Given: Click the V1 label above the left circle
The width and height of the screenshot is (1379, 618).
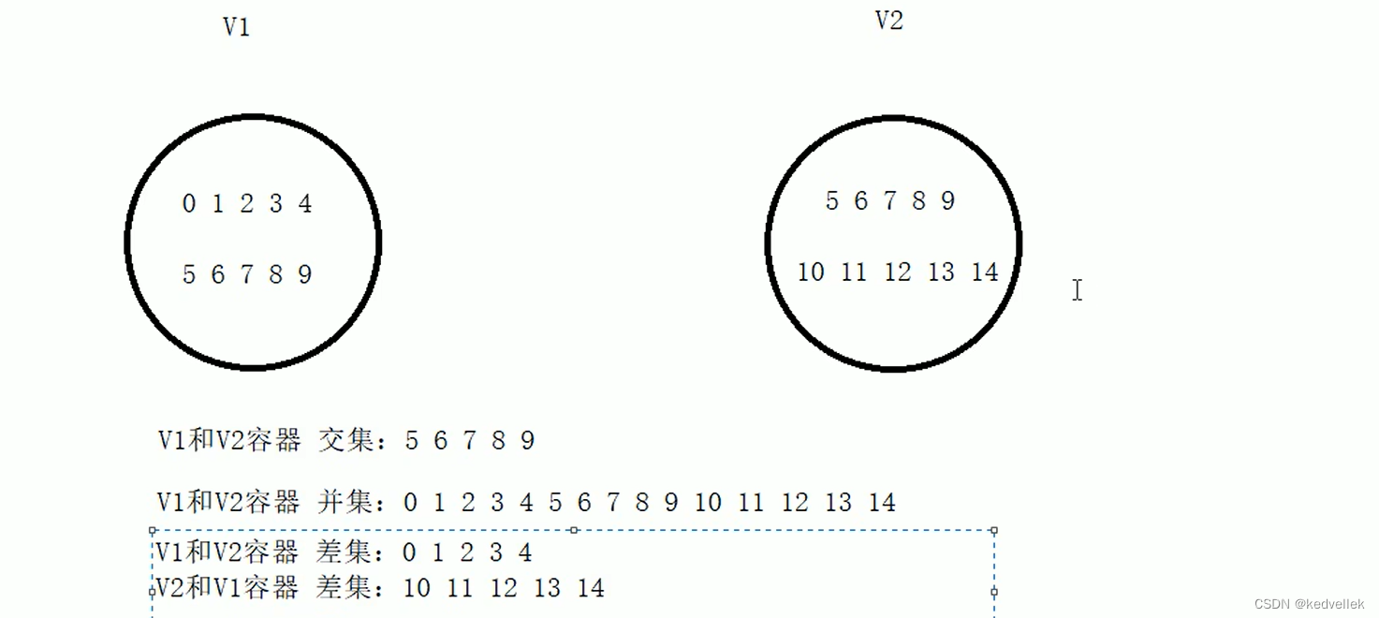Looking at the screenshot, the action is [236, 26].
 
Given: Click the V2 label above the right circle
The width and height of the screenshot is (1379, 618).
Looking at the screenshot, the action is [888, 21].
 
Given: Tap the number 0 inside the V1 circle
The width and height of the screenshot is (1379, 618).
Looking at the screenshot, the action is [189, 203].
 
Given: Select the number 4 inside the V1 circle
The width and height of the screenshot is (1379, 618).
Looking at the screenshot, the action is [305, 203].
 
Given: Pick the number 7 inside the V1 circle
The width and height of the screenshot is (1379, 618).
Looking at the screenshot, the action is [247, 274].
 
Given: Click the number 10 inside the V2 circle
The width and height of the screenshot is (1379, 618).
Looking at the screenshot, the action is [811, 272].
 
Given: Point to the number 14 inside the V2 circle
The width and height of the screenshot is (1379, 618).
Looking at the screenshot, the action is [985, 272].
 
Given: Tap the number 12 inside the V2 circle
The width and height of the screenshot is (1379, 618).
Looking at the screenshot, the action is [897, 272].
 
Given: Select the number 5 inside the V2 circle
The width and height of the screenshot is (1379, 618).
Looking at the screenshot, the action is [831, 200].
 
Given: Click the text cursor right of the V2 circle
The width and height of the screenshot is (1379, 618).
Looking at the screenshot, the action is [1078, 290].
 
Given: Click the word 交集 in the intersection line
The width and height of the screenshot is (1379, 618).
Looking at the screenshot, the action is [346, 440].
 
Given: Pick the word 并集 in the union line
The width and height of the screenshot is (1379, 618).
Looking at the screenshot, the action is [345, 503].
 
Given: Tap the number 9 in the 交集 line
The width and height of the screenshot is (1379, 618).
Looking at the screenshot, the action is [527, 441].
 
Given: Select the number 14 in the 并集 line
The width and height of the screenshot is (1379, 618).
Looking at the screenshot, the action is [882, 503].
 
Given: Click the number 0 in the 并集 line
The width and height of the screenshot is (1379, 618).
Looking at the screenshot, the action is [410, 503].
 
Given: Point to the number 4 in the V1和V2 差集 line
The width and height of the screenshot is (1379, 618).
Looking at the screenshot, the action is [525, 552].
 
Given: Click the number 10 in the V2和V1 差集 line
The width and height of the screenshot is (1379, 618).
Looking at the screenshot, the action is [417, 588].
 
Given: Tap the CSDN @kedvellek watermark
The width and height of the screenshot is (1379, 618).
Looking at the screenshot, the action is [1309, 604].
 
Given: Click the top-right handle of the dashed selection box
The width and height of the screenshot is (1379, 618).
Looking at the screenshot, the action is [993, 530].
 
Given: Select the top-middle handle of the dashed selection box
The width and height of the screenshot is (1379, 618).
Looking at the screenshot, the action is [573, 530].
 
